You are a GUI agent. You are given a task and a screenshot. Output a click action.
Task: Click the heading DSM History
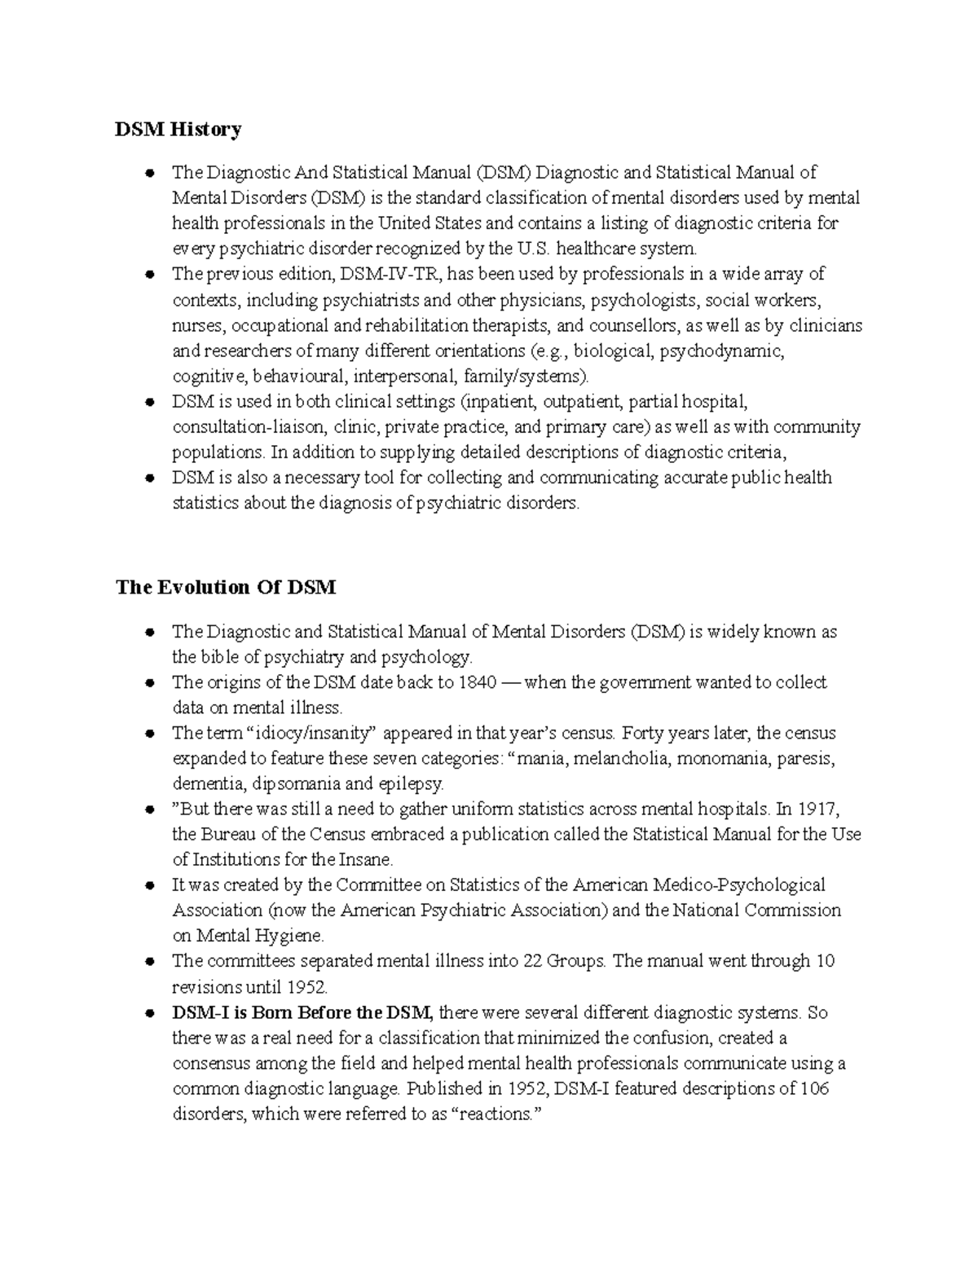pos(178,129)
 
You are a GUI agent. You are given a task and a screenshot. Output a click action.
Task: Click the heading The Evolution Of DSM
pos(226,587)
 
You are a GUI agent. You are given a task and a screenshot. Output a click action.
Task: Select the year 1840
pos(477,682)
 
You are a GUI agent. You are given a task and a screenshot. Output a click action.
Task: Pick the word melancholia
pos(623,759)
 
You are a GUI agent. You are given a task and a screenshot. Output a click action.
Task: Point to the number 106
pos(814,1089)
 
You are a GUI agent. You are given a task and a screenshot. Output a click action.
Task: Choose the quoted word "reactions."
pos(496,1114)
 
